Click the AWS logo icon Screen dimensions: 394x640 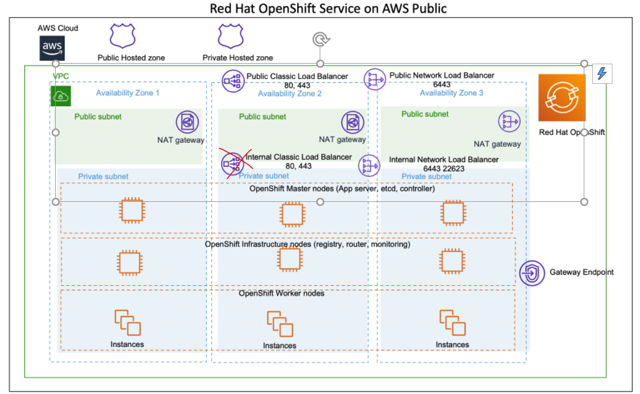(52, 48)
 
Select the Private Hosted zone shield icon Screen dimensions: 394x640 (231, 36)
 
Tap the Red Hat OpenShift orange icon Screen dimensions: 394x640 (561, 97)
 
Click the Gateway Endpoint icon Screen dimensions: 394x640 (532, 273)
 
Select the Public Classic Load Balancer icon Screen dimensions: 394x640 (234, 81)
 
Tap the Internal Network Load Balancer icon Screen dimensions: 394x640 (369, 166)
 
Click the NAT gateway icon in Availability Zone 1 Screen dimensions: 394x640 (187, 122)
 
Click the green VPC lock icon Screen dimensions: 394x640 (60, 96)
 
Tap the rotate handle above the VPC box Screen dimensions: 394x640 (320, 39)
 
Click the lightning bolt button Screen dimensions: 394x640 (602, 73)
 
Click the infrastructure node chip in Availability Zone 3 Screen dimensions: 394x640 (451, 261)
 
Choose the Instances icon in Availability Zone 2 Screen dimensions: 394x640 (280, 324)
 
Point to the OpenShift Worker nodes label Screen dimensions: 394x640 (281, 294)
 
